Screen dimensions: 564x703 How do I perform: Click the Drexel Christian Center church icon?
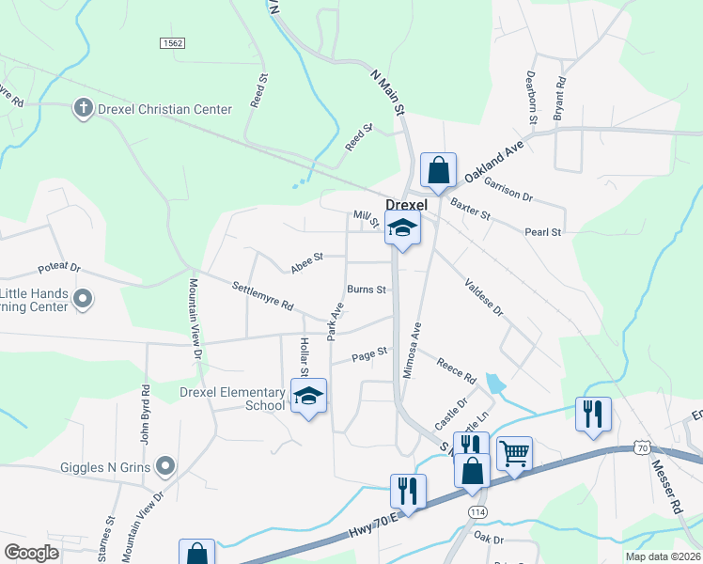(x=84, y=109)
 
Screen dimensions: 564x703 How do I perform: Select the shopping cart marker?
(x=514, y=454)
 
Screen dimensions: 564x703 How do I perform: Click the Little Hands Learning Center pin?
(x=83, y=299)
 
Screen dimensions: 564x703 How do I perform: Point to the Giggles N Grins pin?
(x=166, y=464)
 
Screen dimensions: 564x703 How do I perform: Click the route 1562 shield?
(x=172, y=43)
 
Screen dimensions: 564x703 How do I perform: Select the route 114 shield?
(x=476, y=510)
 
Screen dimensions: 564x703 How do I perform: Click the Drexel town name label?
(x=406, y=205)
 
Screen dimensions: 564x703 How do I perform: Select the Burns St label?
(x=367, y=290)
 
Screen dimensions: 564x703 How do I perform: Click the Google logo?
(x=31, y=553)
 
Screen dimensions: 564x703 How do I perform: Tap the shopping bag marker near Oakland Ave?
(x=438, y=171)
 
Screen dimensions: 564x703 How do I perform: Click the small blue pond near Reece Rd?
(x=494, y=383)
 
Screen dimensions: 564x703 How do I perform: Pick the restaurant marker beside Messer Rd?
(x=592, y=414)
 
